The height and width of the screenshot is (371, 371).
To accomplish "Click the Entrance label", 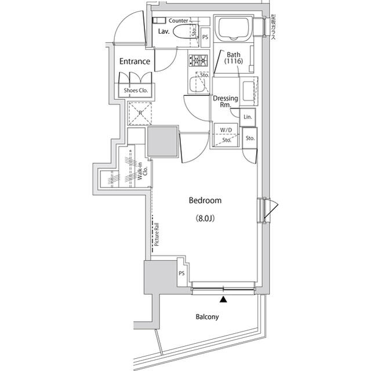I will (x=135, y=61).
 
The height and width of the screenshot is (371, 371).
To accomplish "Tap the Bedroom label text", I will (x=205, y=200).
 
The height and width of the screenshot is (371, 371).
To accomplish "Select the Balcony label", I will (x=206, y=317).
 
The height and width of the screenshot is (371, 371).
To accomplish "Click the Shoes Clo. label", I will (x=136, y=91).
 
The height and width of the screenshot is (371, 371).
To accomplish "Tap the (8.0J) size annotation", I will (x=205, y=219).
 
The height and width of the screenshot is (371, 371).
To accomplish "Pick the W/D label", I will (x=225, y=129).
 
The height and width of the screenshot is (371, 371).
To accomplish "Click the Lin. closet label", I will (x=248, y=117).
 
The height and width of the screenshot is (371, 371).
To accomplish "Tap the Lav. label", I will (x=164, y=31).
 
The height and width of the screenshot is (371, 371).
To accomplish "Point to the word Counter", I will (x=179, y=21).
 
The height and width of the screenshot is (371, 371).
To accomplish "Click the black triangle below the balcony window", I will (x=223, y=299).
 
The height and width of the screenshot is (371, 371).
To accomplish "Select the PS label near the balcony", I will (x=181, y=273).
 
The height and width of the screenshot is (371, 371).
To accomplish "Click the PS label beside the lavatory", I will (x=205, y=37).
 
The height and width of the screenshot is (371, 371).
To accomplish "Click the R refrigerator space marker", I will (x=140, y=113).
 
